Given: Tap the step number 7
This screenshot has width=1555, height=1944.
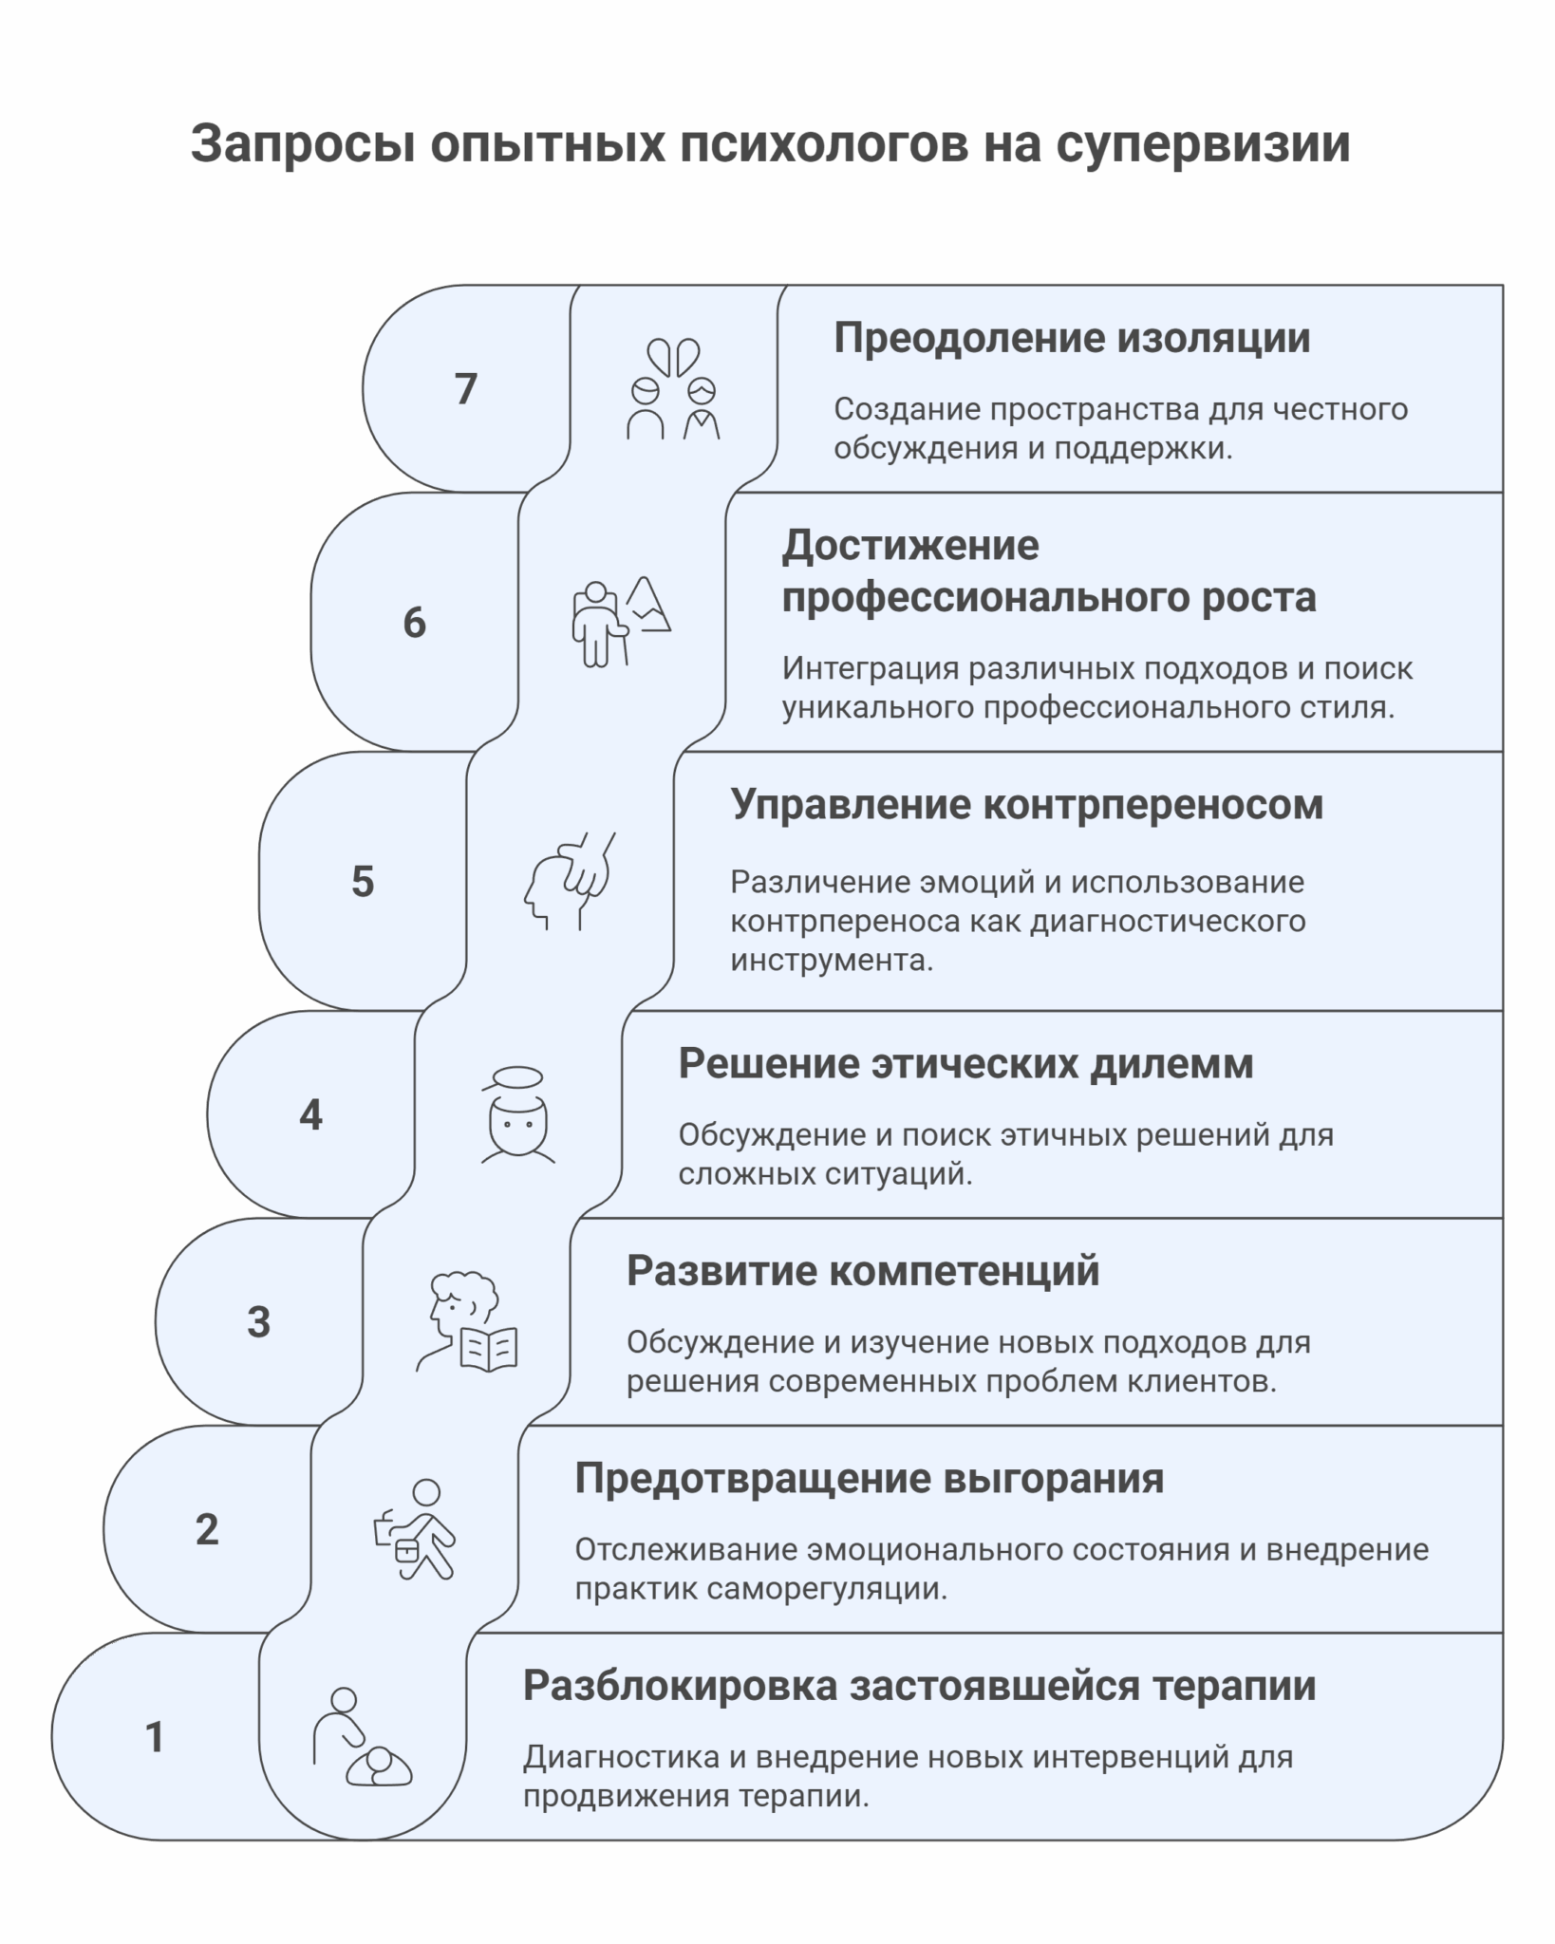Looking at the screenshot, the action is pyautogui.click(x=465, y=389).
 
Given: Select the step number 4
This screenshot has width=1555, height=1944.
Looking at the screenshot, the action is pyautogui.click(x=310, y=1114).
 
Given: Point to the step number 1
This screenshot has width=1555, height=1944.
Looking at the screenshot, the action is pyautogui.click(x=155, y=1737).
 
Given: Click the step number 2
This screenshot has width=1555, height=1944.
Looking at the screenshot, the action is pyautogui.click(x=207, y=1529).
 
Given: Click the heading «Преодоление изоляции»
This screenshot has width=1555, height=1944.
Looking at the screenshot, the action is pyautogui.click(x=1072, y=339).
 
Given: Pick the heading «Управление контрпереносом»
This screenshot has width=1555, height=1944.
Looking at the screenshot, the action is pyautogui.click(x=1026, y=805).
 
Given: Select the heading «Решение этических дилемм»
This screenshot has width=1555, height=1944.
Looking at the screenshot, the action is pyautogui.click(x=965, y=1064).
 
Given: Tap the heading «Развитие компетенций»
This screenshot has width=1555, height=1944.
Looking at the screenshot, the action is pyautogui.click(x=863, y=1271).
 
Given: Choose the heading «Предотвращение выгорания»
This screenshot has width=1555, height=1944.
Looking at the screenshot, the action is pyautogui.click(x=870, y=1478).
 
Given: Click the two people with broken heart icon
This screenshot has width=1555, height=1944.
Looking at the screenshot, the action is pyautogui.click(x=673, y=388).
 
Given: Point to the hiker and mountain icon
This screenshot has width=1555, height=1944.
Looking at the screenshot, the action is pyautogui.click(x=622, y=622).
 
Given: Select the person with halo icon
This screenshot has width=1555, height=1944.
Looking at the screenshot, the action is pyautogui.click(x=517, y=1114).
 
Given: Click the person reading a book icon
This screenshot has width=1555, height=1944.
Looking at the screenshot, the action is pyautogui.click(x=466, y=1321).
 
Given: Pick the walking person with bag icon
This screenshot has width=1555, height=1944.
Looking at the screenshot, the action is pyautogui.click(x=414, y=1529).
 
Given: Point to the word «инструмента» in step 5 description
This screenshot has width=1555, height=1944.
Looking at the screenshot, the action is pyautogui.click(x=832, y=961).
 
